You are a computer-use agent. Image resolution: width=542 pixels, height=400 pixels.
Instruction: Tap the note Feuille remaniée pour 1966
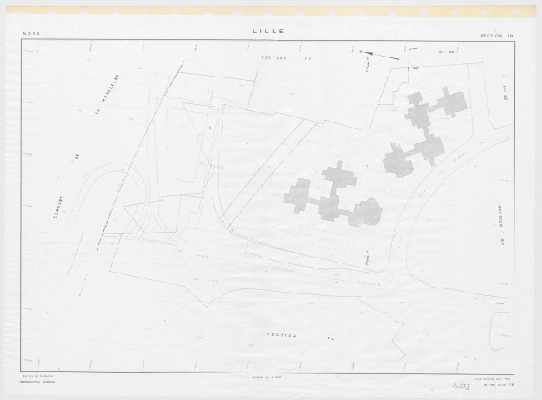(496, 376)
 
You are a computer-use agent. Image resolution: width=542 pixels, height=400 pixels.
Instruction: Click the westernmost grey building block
(298, 196)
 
